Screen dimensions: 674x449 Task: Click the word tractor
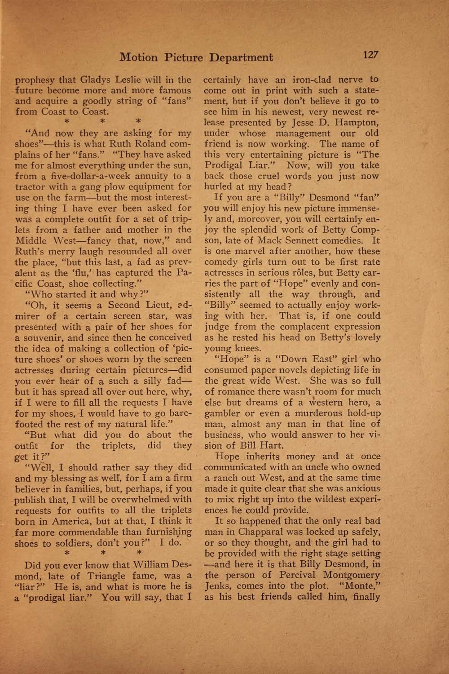pos(30,186)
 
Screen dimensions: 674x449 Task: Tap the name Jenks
pos(217,586)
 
